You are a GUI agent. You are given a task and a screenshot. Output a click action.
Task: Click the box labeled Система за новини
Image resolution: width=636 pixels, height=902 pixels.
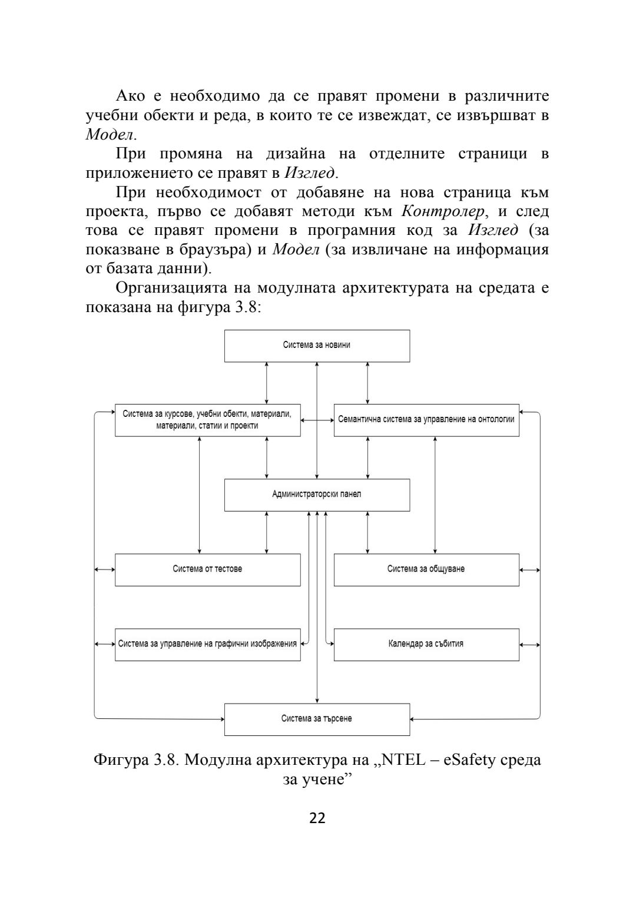click(x=317, y=346)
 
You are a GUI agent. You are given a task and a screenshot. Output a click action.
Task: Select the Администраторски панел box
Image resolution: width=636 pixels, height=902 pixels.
click(x=317, y=495)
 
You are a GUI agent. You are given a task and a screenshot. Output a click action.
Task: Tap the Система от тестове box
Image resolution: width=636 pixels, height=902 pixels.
click(x=207, y=569)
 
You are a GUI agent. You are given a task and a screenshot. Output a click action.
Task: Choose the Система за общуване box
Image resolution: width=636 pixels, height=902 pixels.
click(x=426, y=569)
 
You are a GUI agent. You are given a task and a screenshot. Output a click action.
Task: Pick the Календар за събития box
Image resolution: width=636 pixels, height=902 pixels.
click(x=426, y=644)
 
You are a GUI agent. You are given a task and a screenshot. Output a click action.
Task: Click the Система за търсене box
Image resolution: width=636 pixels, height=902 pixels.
click(x=317, y=719)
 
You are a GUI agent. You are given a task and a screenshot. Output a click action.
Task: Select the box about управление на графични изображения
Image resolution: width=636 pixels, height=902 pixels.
click(x=207, y=644)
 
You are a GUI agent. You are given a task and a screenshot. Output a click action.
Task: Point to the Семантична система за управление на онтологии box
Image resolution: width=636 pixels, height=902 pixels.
click(x=426, y=420)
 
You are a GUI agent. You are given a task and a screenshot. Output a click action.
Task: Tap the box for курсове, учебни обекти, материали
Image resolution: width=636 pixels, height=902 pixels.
click(x=207, y=420)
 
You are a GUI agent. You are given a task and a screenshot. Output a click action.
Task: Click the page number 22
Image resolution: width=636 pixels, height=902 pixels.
click(x=317, y=818)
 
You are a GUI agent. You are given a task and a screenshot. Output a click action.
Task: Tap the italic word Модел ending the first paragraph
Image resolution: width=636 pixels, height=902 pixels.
click(x=110, y=134)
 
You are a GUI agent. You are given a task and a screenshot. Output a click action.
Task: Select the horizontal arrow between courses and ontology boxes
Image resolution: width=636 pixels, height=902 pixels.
click(x=317, y=420)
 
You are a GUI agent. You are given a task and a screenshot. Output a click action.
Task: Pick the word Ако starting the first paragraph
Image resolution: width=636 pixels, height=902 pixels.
click(x=130, y=96)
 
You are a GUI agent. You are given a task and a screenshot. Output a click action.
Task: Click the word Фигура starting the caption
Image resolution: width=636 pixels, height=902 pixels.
click(x=121, y=760)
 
